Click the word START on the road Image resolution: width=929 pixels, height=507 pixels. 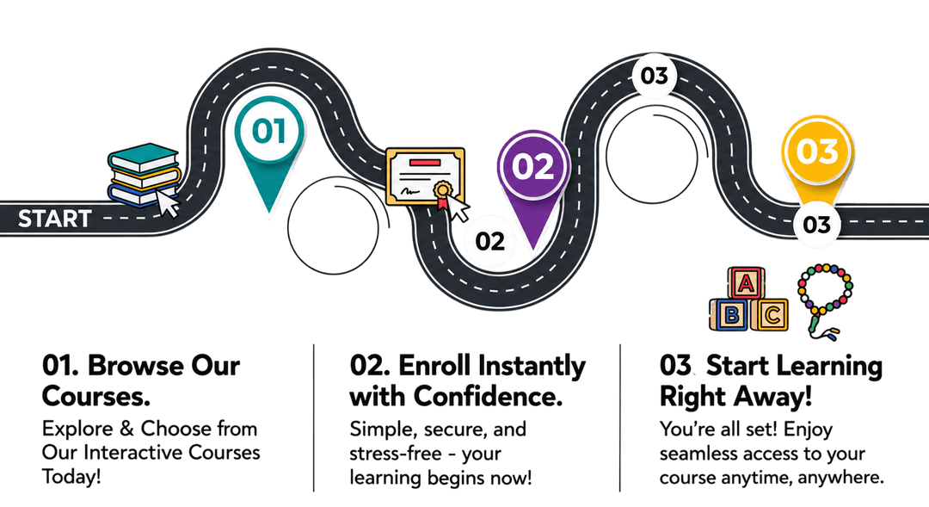pyautogui.click(x=54, y=219)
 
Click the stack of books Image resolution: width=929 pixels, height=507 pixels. pyautogui.click(x=144, y=175)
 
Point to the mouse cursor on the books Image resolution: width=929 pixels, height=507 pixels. pyautogui.click(x=168, y=203)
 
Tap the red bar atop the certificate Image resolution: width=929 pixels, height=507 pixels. pyautogui.click(x=424, y=162)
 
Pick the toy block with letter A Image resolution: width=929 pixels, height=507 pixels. pyautogui.click(x=746, y=283)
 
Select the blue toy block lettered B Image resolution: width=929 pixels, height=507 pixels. pyautogui.click(x=730, y=314)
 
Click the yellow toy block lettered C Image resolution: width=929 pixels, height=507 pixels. pyautogui.click(x=770, y=314)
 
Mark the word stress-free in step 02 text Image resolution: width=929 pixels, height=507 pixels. pyautogui.click(x=396, y=454)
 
